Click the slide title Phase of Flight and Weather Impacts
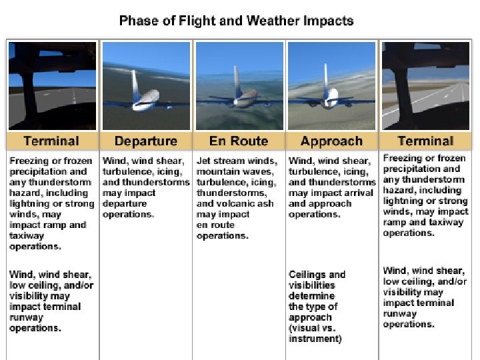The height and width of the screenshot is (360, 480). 236,21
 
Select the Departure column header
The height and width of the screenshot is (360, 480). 145,141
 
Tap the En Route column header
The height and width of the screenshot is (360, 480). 238,141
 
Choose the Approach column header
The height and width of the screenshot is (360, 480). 331,141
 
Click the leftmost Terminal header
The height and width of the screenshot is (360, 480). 51,141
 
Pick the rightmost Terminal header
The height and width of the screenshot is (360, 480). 425,141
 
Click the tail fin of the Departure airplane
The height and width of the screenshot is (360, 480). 135,83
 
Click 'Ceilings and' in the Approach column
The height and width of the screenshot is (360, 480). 317,275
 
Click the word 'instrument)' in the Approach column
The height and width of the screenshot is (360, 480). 315,339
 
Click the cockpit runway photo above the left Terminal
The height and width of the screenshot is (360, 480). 52,86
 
